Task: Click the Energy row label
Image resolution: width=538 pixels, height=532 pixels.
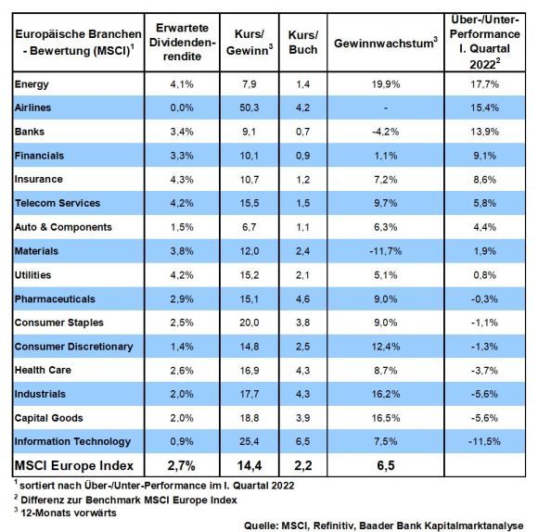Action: pos(32,84)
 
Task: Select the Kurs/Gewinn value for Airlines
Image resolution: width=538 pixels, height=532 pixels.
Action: pos(250,108)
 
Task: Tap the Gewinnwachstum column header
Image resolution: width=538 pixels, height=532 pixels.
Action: pos(386,43)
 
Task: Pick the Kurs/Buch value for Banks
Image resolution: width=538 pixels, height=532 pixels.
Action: pos(303,132)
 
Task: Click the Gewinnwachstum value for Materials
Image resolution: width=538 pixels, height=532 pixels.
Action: pos(386,251)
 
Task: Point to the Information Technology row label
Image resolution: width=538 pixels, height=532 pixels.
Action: pos(72,441)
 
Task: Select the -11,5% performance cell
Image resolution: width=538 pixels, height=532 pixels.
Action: pos(484,441)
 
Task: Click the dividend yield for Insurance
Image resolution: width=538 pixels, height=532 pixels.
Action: pos(182,179)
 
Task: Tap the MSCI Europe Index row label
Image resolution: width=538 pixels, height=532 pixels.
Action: pos(74,465)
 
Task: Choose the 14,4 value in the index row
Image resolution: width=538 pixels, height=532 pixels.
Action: pos(250,465)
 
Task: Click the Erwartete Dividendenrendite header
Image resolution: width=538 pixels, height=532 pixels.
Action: pos(182,42)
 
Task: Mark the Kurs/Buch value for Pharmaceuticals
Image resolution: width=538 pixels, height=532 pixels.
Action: pos(303,299)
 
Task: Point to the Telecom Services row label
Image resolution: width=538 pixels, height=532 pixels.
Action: pos(58,203)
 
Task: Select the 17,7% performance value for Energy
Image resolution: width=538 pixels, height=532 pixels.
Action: pos(484,84)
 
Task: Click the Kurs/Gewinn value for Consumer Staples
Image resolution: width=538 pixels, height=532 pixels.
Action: pos(250,323)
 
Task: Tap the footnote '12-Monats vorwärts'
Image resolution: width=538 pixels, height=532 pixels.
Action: pos(69,513)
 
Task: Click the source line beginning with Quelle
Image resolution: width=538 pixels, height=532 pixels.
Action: pos(384,526)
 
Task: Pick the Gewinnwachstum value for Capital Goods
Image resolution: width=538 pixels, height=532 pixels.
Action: pos(386,418)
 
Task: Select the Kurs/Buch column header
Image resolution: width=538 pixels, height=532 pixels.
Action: pos(303,42)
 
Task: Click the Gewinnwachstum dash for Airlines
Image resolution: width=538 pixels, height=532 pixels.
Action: pos(386,108)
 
